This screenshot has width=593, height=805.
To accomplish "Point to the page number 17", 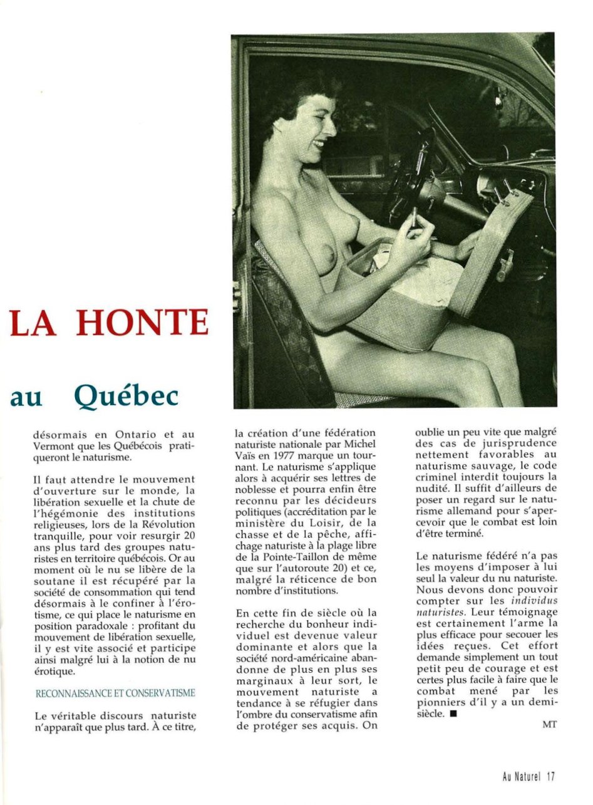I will (x=550, y=777).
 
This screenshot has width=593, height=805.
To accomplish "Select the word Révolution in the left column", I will (x=165, y=524).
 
